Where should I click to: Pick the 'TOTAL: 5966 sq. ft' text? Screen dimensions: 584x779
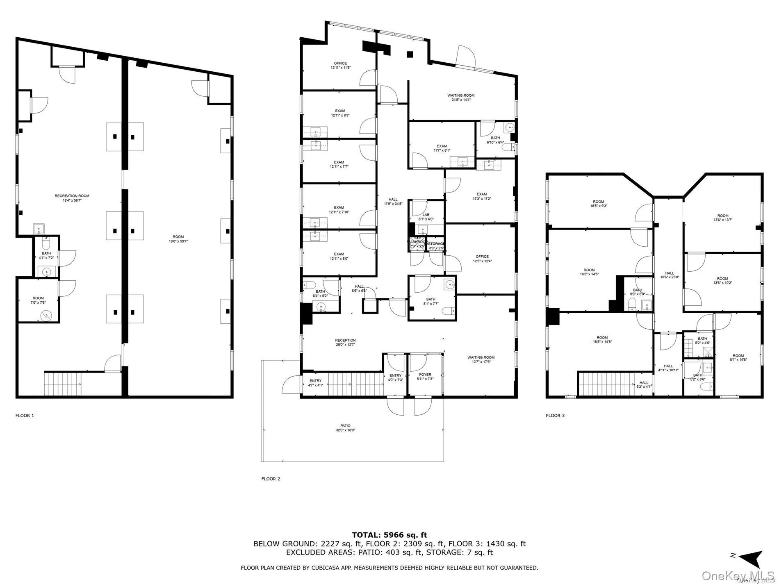click(x=389, y=535)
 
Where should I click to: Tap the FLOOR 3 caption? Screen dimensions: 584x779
click(x=555, y=416)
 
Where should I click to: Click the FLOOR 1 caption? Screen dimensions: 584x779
click(x=25, y=416)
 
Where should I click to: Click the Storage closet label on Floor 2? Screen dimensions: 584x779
click(x=436, y=244)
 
